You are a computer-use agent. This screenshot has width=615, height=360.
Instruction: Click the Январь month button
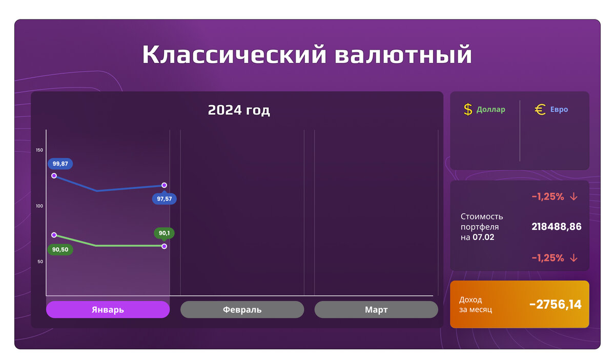108,310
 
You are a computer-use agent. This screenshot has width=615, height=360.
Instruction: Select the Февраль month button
242,310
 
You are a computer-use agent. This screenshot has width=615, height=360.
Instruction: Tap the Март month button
376,310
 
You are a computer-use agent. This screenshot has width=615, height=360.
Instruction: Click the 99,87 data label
60,164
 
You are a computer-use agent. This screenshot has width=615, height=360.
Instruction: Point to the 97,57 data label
164,199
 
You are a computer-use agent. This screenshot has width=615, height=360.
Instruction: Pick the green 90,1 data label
164,233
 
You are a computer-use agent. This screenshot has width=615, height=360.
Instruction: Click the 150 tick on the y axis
39,150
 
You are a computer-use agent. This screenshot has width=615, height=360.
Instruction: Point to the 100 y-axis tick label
39,206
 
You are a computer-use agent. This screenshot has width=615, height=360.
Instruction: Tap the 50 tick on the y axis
39,262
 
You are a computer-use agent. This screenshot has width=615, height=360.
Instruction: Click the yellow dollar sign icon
468,109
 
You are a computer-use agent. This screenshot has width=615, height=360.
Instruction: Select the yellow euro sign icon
540,109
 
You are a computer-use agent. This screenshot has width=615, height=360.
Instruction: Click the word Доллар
490,109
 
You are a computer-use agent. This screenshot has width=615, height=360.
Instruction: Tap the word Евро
559,109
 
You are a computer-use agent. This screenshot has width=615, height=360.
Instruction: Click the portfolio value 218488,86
557,227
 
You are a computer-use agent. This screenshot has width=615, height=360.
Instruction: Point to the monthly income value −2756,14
556,305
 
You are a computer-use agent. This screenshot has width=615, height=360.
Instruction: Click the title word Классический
234,54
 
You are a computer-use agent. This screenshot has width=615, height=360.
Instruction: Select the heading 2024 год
239,110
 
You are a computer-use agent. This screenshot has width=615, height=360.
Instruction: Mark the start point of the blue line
54,175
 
